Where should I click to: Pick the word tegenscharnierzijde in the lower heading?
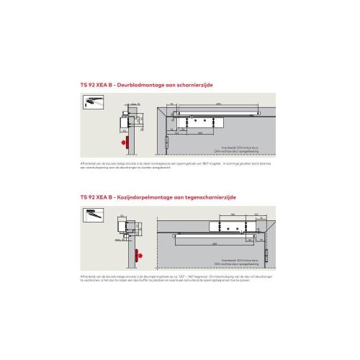point(211,196)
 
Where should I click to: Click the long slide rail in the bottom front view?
point(216,235)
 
